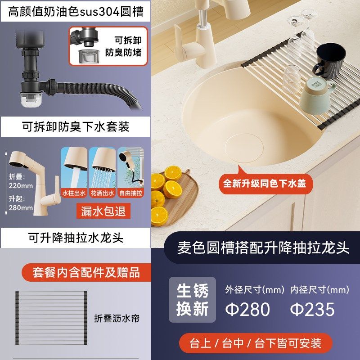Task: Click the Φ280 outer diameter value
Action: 247,309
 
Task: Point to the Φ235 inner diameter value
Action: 312,309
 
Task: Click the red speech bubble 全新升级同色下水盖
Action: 265,183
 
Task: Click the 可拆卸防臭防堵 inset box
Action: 108,46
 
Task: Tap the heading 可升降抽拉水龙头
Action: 75,238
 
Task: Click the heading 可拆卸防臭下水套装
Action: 75,127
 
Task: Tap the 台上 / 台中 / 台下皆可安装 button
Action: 255,343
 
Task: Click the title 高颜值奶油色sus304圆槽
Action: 75,11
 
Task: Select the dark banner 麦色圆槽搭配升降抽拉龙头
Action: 263,248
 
